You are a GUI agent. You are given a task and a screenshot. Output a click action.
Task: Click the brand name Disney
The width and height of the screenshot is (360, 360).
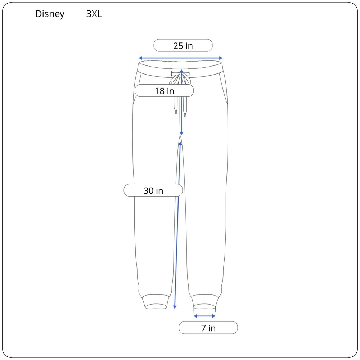pyautogui.click(x=50, y=14)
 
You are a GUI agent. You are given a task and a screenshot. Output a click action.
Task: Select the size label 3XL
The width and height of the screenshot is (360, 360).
pyautogui.click(x=94, y=14)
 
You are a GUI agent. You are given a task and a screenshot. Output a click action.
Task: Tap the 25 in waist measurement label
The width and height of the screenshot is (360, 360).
pyautogui.click(x=183, y=46)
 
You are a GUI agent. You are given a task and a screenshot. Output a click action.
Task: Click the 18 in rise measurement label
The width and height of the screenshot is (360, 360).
pyautogui.click(x=164, y=91)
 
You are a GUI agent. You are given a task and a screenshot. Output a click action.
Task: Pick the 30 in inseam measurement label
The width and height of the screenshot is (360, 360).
pyautogui.click(x=153, y=190)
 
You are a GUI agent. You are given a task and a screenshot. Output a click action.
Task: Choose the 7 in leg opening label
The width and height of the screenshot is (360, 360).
pyautogui.click(x=208, y=328)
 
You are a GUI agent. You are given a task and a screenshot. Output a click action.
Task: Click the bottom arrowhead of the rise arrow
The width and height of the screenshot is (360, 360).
pyautogui.click(x=181, y=134)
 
